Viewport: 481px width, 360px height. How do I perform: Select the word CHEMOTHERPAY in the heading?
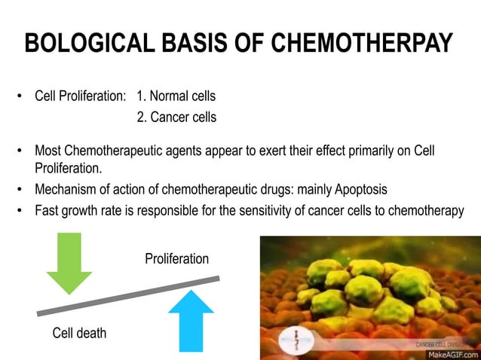[361, 44]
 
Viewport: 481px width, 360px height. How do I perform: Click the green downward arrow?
[69, 263]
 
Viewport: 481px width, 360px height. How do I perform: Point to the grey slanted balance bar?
[128, 295]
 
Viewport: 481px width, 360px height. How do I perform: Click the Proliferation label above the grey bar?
[176, 259]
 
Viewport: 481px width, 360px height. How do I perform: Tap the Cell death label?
[79, 333]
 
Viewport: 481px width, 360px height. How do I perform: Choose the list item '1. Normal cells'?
[176, 96]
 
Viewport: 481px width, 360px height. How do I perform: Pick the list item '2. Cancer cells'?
[176, 117]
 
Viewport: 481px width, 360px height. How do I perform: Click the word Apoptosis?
[354, 188]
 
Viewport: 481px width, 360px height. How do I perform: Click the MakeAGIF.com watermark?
[452, 354]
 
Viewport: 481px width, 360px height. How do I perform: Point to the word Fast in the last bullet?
[47, 210]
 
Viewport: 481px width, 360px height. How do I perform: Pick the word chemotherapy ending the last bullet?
[427, 210]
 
